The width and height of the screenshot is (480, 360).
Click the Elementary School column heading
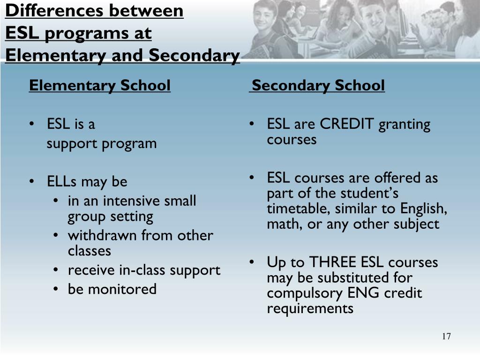[99, 86]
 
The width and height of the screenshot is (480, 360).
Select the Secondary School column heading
[318, 86]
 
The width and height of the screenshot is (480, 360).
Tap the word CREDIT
[347, 124]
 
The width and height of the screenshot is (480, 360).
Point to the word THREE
[332, 262]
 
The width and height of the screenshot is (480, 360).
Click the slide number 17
[446, 337]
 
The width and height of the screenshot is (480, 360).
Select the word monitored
[123, 289]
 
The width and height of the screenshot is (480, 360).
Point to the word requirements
[310, 309]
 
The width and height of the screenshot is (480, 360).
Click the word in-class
[143, 270]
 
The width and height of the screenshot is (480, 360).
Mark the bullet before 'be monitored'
[56, 289]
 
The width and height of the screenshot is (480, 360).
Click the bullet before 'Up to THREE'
[252, 262]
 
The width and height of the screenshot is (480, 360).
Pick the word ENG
[364, 293]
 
